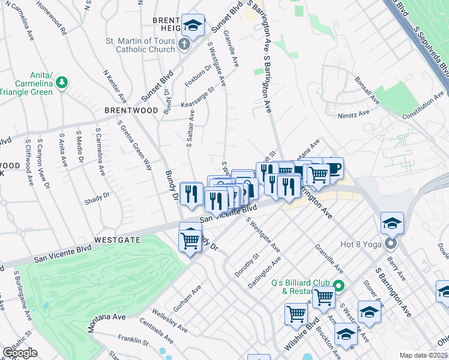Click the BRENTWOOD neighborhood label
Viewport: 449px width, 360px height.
click(x=131, y=111)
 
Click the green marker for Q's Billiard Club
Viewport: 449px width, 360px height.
click(x=339, y=286)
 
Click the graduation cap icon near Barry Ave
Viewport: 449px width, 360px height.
click(x=392, y=223)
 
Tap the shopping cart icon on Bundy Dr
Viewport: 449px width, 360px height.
click(x=190, y=240)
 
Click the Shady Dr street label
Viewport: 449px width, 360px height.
click(x=98, y=195)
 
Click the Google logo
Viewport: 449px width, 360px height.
click(x=20, y=353)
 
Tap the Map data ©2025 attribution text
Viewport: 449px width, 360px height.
click(x=424, y=355)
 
